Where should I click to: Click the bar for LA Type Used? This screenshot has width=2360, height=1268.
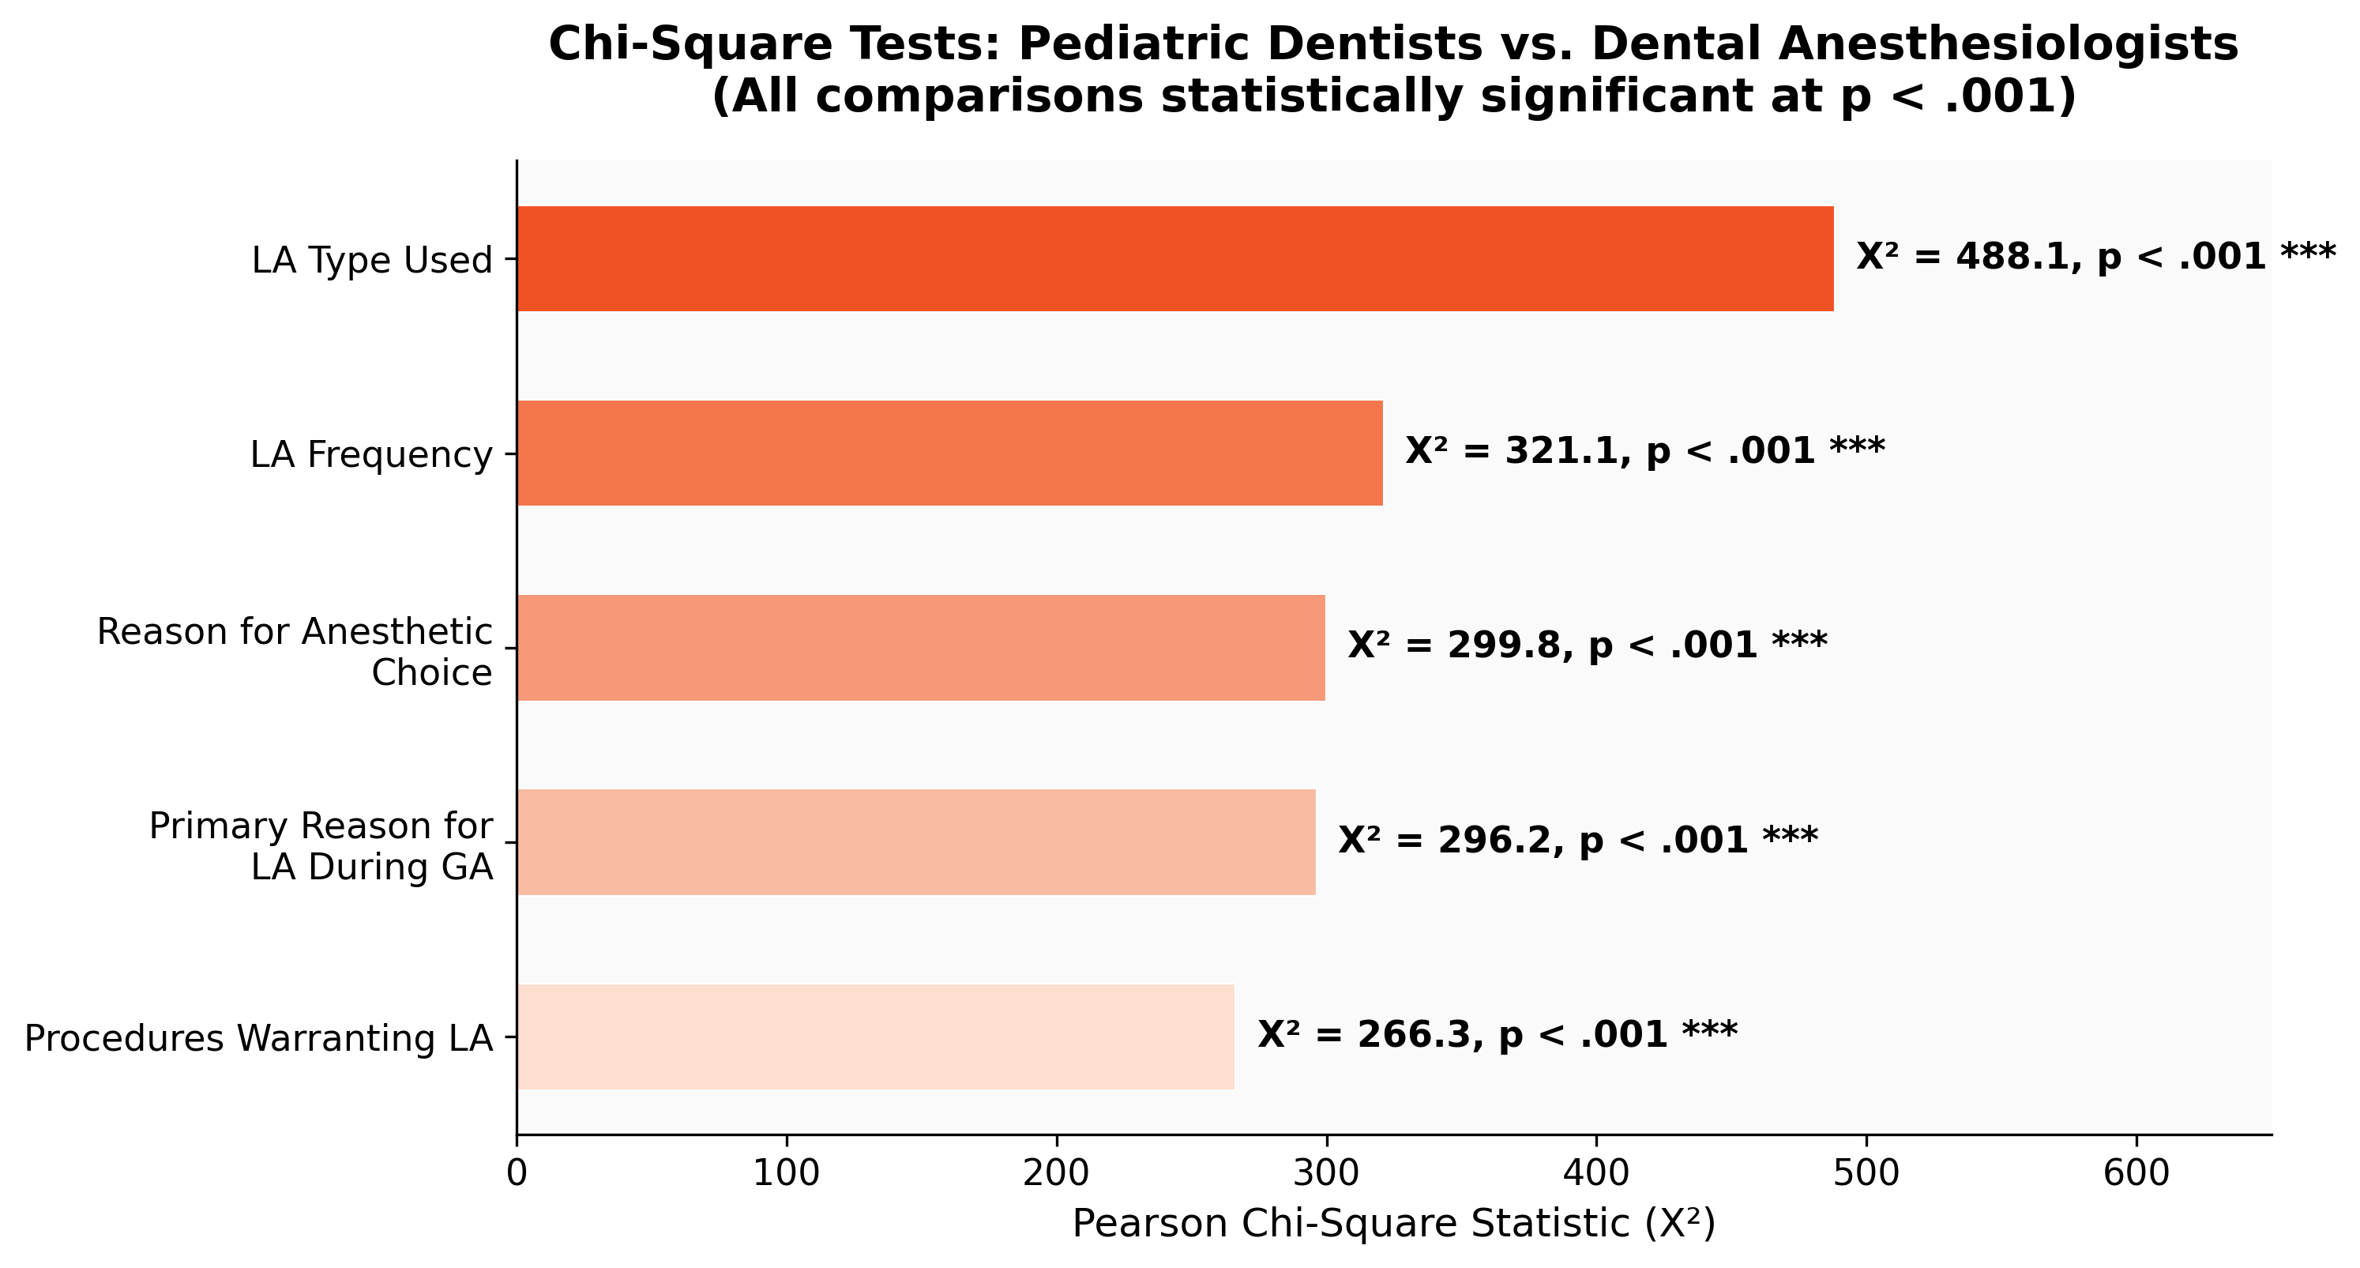point(1174,258)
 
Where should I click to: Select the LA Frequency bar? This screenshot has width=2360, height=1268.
point(949,453)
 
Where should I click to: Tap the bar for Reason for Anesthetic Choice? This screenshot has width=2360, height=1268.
point(921,647)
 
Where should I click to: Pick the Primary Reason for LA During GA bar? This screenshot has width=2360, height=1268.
point(916,841)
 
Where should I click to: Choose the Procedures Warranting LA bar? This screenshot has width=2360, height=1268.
point(875,1037)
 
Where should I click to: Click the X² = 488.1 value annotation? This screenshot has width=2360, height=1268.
point(2096,257)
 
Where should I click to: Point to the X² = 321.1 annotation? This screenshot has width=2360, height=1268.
point(1644,451)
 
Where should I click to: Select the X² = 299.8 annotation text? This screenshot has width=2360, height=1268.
point(1587,645)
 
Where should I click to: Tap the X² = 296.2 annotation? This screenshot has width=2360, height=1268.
point(1577,839)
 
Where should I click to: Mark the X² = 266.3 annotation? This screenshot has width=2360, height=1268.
point(1496,1034)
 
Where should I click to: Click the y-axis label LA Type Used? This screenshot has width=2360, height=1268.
point(372,260)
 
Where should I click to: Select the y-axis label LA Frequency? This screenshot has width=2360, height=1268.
point(371,454)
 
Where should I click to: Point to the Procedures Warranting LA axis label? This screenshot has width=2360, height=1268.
point(258,1038)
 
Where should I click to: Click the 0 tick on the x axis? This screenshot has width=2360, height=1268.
point(517,1174)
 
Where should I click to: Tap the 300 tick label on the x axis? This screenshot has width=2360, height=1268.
point(1327,1174)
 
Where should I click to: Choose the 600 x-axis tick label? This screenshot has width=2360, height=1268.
point(2136,1174)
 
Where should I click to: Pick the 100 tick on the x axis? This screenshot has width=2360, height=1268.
point(786,1174)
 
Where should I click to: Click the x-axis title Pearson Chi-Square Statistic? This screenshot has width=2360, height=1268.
point(1392,1224)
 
